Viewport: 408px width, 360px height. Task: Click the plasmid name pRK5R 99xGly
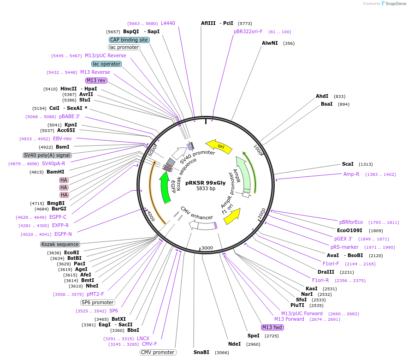pyautogui.click(x=206, y=182)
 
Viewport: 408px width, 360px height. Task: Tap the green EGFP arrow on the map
pyautogui.click(x=164, y=187)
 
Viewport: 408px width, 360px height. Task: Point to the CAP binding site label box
pyautogui.click(x=129, y=40)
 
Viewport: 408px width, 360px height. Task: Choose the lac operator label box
pyautogui.click(x=106, y=64)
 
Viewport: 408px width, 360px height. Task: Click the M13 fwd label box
pyautogui.click(x=272, y=327)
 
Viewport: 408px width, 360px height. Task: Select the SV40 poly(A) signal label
pyautogui.click(x=47, y=155)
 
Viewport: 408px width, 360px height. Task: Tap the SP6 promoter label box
pyautogui.click(x=97, y=302)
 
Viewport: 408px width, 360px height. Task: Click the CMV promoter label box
pyautogui.click(x=158, y=352)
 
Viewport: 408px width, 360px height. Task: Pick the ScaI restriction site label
pyautogui.click(x=348, y=164)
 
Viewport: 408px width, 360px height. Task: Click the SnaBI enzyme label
pyautogui.click(x=201, y=352)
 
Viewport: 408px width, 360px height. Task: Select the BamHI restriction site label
pyautogui.click(x=49, y=172)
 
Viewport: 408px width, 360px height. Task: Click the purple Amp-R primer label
pyautogui.click(x=351, y=174)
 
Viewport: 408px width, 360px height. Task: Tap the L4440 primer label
pyautogui.click(x=168, y=23)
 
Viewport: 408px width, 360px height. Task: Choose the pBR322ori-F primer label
pyautogui.click(x=248, y=32)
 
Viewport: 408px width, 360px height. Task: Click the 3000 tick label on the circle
pyautogui.click(x=207, y=248)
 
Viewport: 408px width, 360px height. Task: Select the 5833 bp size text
pyautogui.click(x=206, y=188)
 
